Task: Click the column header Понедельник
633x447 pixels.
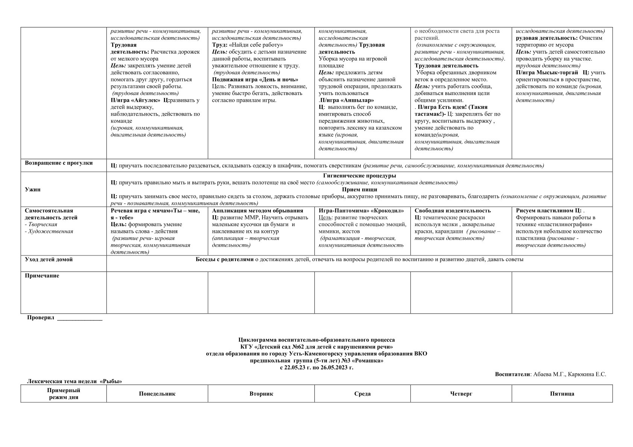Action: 157,394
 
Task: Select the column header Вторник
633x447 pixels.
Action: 261,394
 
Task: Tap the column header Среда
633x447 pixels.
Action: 362,394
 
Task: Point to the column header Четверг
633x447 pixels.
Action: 461,394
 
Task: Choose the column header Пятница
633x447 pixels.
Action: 562,394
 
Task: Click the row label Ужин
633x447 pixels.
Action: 33,189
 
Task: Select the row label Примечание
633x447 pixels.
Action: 42,276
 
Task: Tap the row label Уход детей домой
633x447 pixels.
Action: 49,260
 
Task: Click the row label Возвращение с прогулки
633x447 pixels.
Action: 59,163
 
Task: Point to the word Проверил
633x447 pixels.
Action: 41,318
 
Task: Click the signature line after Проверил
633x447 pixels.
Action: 79,319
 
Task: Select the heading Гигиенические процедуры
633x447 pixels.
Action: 359,175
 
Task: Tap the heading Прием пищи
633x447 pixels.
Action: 359,189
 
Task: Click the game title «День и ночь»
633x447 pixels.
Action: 278,80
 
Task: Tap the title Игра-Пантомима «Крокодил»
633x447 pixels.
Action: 361,211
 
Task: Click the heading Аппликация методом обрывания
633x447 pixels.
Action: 258,211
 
